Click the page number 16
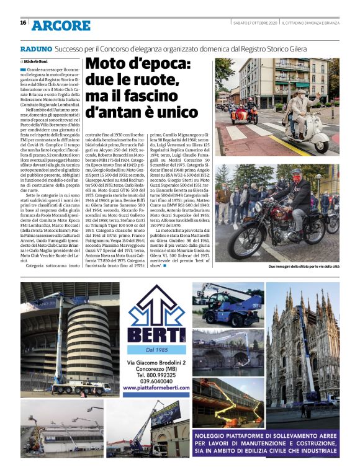coord(23,24)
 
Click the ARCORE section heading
coord(61,25)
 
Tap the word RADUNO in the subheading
coord(35,48)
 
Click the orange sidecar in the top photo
coord(245,115)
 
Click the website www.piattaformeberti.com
coord(156,388)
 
